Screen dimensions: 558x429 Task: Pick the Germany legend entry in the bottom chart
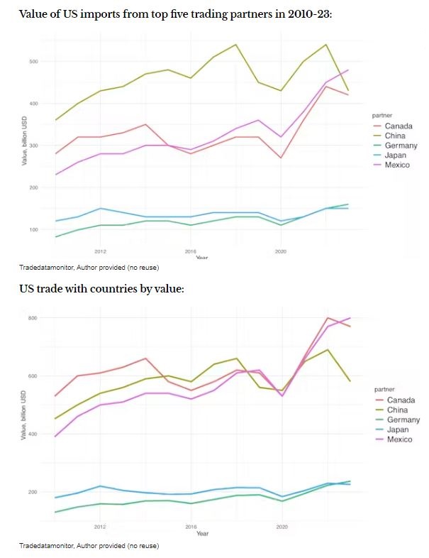(x=402, y=420)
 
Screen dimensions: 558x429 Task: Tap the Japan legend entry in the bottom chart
(x=399, y=430)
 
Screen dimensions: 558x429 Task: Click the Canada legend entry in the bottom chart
(x=401, y=400)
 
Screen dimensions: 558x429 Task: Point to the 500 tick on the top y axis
(x=34, y=62)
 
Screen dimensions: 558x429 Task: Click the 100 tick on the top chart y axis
(x=34, y=229)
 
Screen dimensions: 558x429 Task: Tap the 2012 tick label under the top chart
(x=100, y=251)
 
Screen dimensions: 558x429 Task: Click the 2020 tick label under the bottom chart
(x=282, y=527)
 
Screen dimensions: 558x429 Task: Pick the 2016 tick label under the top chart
(x=191, y=251)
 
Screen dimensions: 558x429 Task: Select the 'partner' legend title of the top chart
(x=382, y=114)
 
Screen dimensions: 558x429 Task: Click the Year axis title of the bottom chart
(x=202, y=533)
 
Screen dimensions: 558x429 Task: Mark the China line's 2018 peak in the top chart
(x=235, y=45)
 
